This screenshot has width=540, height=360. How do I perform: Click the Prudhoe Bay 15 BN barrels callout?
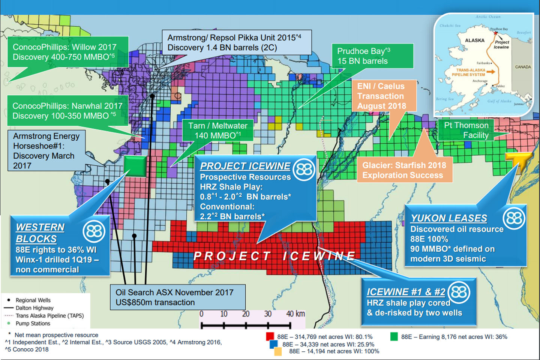372,56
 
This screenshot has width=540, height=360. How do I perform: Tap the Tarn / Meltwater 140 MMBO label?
217,130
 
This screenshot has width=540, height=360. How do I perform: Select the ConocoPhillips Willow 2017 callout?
68,52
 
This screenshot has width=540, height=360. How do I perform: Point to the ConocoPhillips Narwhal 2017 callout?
67,111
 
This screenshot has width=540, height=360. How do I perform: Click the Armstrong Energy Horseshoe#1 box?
46,150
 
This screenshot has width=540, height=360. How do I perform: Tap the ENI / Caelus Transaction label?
383,96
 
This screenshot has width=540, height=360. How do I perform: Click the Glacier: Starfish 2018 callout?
404,170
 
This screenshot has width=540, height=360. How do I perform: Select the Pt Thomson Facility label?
466,130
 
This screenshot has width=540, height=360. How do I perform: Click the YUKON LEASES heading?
449,218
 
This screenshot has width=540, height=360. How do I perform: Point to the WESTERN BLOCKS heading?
40,233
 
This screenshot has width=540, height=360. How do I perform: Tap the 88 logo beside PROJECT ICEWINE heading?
304,170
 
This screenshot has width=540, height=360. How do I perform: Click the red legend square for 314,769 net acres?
270,336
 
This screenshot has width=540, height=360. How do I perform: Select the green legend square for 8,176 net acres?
394,336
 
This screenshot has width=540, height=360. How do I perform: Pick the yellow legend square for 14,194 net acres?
278,351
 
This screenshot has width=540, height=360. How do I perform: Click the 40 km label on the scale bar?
295,314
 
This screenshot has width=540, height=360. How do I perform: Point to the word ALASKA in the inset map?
474,40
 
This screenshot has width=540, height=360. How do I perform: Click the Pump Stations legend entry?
33,323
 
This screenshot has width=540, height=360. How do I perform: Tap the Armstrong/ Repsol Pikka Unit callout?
236,43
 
